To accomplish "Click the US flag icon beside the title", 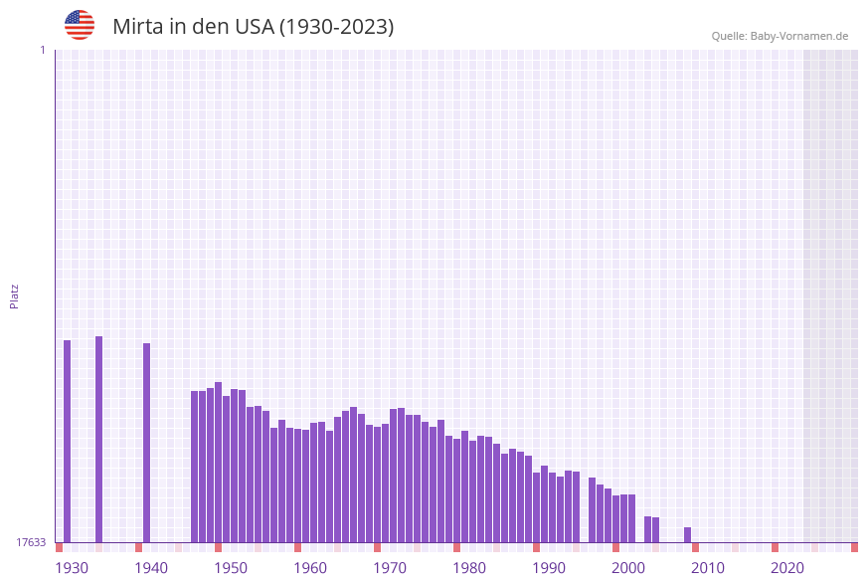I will (x=80, y=25).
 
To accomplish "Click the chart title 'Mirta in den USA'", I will (x=253, y=27).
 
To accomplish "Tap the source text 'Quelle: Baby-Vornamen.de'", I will (x=780, y=36).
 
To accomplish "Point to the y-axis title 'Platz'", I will (x=15, y=295).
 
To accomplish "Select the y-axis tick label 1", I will (x=42, y=50).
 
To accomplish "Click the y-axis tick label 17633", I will (x=31, y=542).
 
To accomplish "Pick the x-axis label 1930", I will (x=72, y=568).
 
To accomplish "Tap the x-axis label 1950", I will (x=231, y=568).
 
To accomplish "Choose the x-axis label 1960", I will (x=310, y=568).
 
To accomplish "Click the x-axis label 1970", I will (x=390, y=568).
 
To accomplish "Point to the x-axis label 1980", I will (x=469, y=568).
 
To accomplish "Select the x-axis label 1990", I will (x=549, y=568).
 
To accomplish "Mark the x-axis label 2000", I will (x=628, y=568).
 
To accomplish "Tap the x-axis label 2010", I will (x=708, y=568).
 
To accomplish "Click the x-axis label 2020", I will (x=787, y=568).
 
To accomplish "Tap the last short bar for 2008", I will (x=687, y=535).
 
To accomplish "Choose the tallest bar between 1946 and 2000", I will (x=219, y=463).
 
